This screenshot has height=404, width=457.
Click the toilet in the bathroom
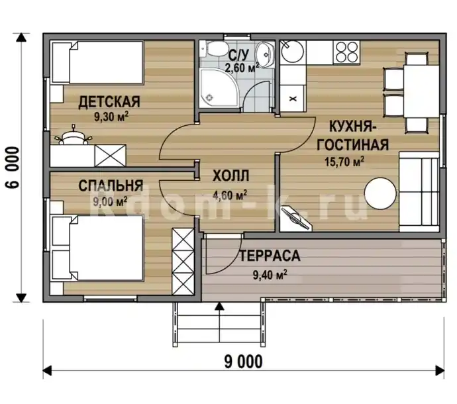(214, 48)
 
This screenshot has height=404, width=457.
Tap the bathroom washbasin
(265, 54)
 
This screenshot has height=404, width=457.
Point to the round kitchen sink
(292, 51)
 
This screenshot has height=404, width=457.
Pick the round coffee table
(380, 193)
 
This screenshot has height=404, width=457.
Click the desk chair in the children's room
(73, 136)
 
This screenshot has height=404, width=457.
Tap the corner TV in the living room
(295, 218)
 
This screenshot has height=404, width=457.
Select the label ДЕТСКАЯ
(109, 102)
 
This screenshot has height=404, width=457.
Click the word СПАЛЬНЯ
(111, 185)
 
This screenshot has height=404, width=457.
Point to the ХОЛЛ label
(231, 176)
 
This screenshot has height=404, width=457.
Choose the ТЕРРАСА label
(270, 256)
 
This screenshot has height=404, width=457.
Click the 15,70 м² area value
(344, 162)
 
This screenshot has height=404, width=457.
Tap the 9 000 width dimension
(243, 362)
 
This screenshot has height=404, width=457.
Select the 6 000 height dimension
(13, 168)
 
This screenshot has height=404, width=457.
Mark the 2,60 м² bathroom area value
(242, 68)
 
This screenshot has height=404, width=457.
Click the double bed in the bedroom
(97, 248)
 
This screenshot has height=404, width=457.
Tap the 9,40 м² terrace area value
(270, 275)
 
